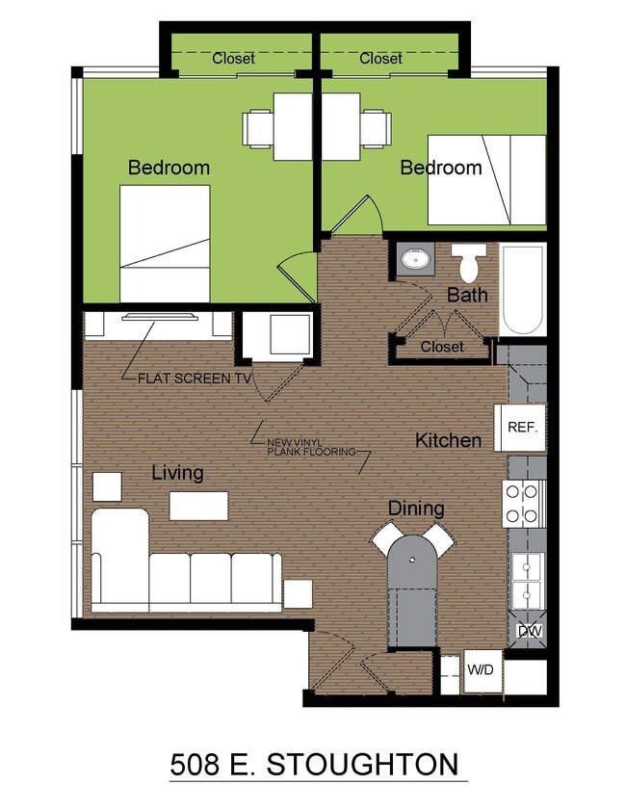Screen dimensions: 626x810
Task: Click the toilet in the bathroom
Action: [x=469, y=263]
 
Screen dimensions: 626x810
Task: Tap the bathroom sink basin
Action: [x=416, y=258]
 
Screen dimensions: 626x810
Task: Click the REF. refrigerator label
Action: [x=523, y=428]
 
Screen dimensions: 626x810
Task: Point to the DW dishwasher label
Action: [x=530, y=631]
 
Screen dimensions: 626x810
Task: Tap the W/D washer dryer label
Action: [x=481, y=670]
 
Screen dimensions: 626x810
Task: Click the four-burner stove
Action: [x=524, y=504]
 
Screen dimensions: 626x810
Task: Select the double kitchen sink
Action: [x=528, y=581]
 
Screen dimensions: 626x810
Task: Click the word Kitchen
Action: [x=449, y=441]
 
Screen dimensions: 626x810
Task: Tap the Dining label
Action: [x=416, y=509]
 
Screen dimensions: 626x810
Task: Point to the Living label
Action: [x=177, y=473]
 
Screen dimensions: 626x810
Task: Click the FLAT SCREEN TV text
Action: [x=195, y=379]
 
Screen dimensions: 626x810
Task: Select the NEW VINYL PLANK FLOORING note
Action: [x=311, y=447]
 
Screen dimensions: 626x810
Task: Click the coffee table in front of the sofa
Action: [x=198, y=506]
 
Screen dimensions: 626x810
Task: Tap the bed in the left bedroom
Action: [x=165, y=244]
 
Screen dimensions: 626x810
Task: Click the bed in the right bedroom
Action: [x=486, y=180]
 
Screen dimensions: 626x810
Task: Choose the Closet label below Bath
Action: [x=442, y=346]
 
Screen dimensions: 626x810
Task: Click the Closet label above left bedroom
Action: [x=233, y=58]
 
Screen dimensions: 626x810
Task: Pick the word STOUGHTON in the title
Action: [x=362, y=765]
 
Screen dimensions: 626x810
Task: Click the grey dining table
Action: [x=412, y=591]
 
